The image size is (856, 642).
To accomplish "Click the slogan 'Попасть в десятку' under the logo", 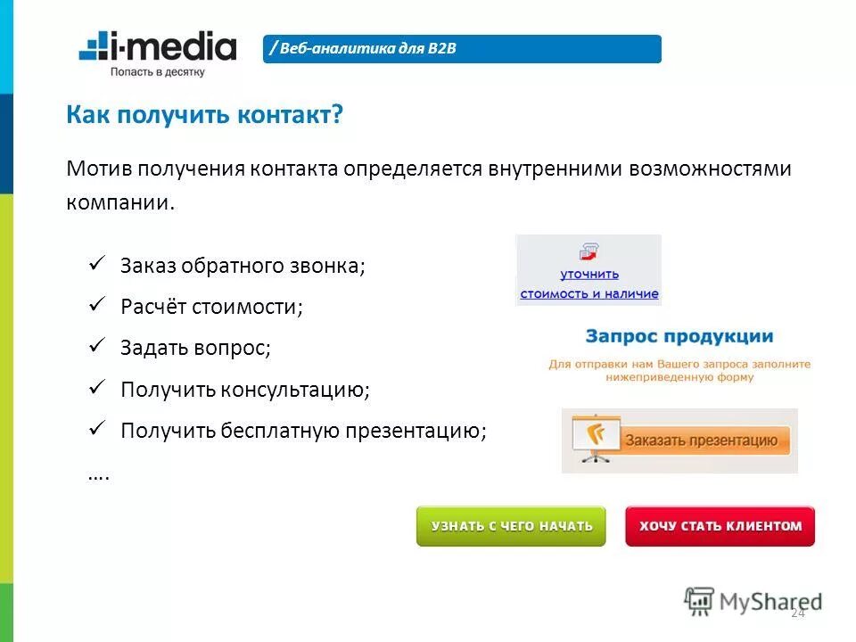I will [158, 71].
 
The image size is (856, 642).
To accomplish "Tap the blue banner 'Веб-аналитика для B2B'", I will [463, 49].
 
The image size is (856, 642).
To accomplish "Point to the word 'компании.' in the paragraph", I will [120, 202].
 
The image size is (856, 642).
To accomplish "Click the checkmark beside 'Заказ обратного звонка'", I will [98, 264].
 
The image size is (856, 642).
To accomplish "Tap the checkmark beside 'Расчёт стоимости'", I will [98, 305].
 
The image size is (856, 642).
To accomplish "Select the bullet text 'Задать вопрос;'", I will [195, 348].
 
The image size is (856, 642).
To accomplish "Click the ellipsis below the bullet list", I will [98, 474].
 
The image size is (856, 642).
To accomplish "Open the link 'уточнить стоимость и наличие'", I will [588, 284].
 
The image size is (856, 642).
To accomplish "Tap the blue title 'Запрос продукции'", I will [679, 337].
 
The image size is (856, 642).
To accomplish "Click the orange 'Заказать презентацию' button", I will [679, 440].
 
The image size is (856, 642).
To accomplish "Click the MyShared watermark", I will [753, 600].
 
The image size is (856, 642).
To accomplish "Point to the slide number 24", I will [797, 613].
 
